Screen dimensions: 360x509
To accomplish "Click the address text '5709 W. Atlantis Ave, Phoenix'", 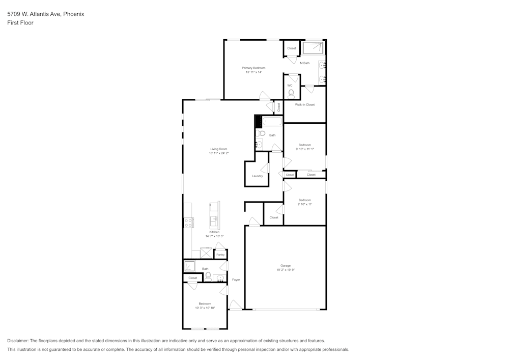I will click(45, 14).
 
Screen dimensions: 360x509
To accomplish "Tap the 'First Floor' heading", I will click(20, 23).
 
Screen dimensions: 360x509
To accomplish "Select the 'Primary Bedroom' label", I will click(253, 68).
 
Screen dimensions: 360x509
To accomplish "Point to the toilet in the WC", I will click(291, 94).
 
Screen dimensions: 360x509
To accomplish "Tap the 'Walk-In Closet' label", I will click(304, 104).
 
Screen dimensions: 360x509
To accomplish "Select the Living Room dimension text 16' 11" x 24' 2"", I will click(218, 153).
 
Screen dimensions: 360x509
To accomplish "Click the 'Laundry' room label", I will click(257, 176).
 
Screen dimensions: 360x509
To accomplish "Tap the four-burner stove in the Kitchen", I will click(188, 223).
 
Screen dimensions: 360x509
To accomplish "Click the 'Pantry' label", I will click(220, 255).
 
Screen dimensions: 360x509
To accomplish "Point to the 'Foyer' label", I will click(236, 280).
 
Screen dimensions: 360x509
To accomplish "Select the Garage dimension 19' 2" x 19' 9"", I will click(285, 269).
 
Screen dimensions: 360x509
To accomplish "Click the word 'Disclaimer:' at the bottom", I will click(18, 341).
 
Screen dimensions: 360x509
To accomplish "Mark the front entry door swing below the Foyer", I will click(235, 306).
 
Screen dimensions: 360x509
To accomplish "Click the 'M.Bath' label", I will click(304, 63).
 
